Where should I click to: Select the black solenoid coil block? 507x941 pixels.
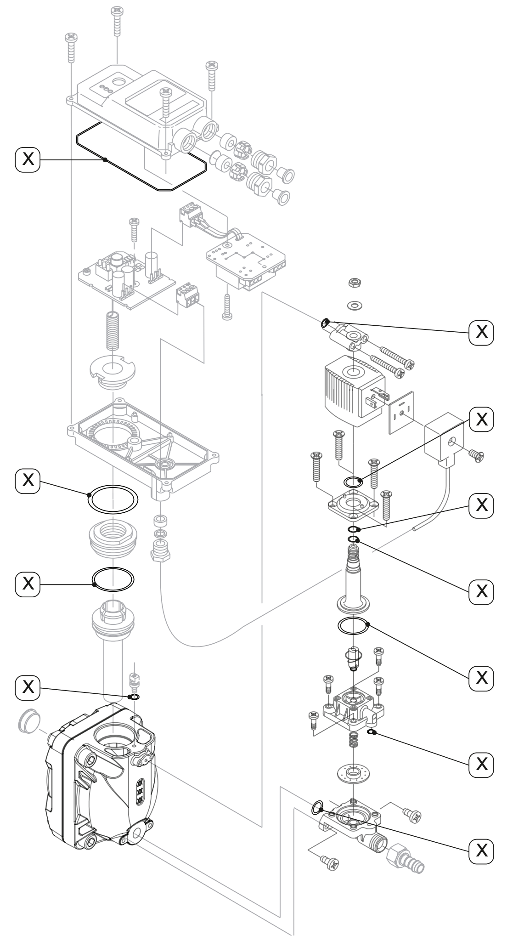pyautogui.click(x=351, y=389)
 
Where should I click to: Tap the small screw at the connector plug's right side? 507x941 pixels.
pyautogui.click(x=476, y=454)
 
